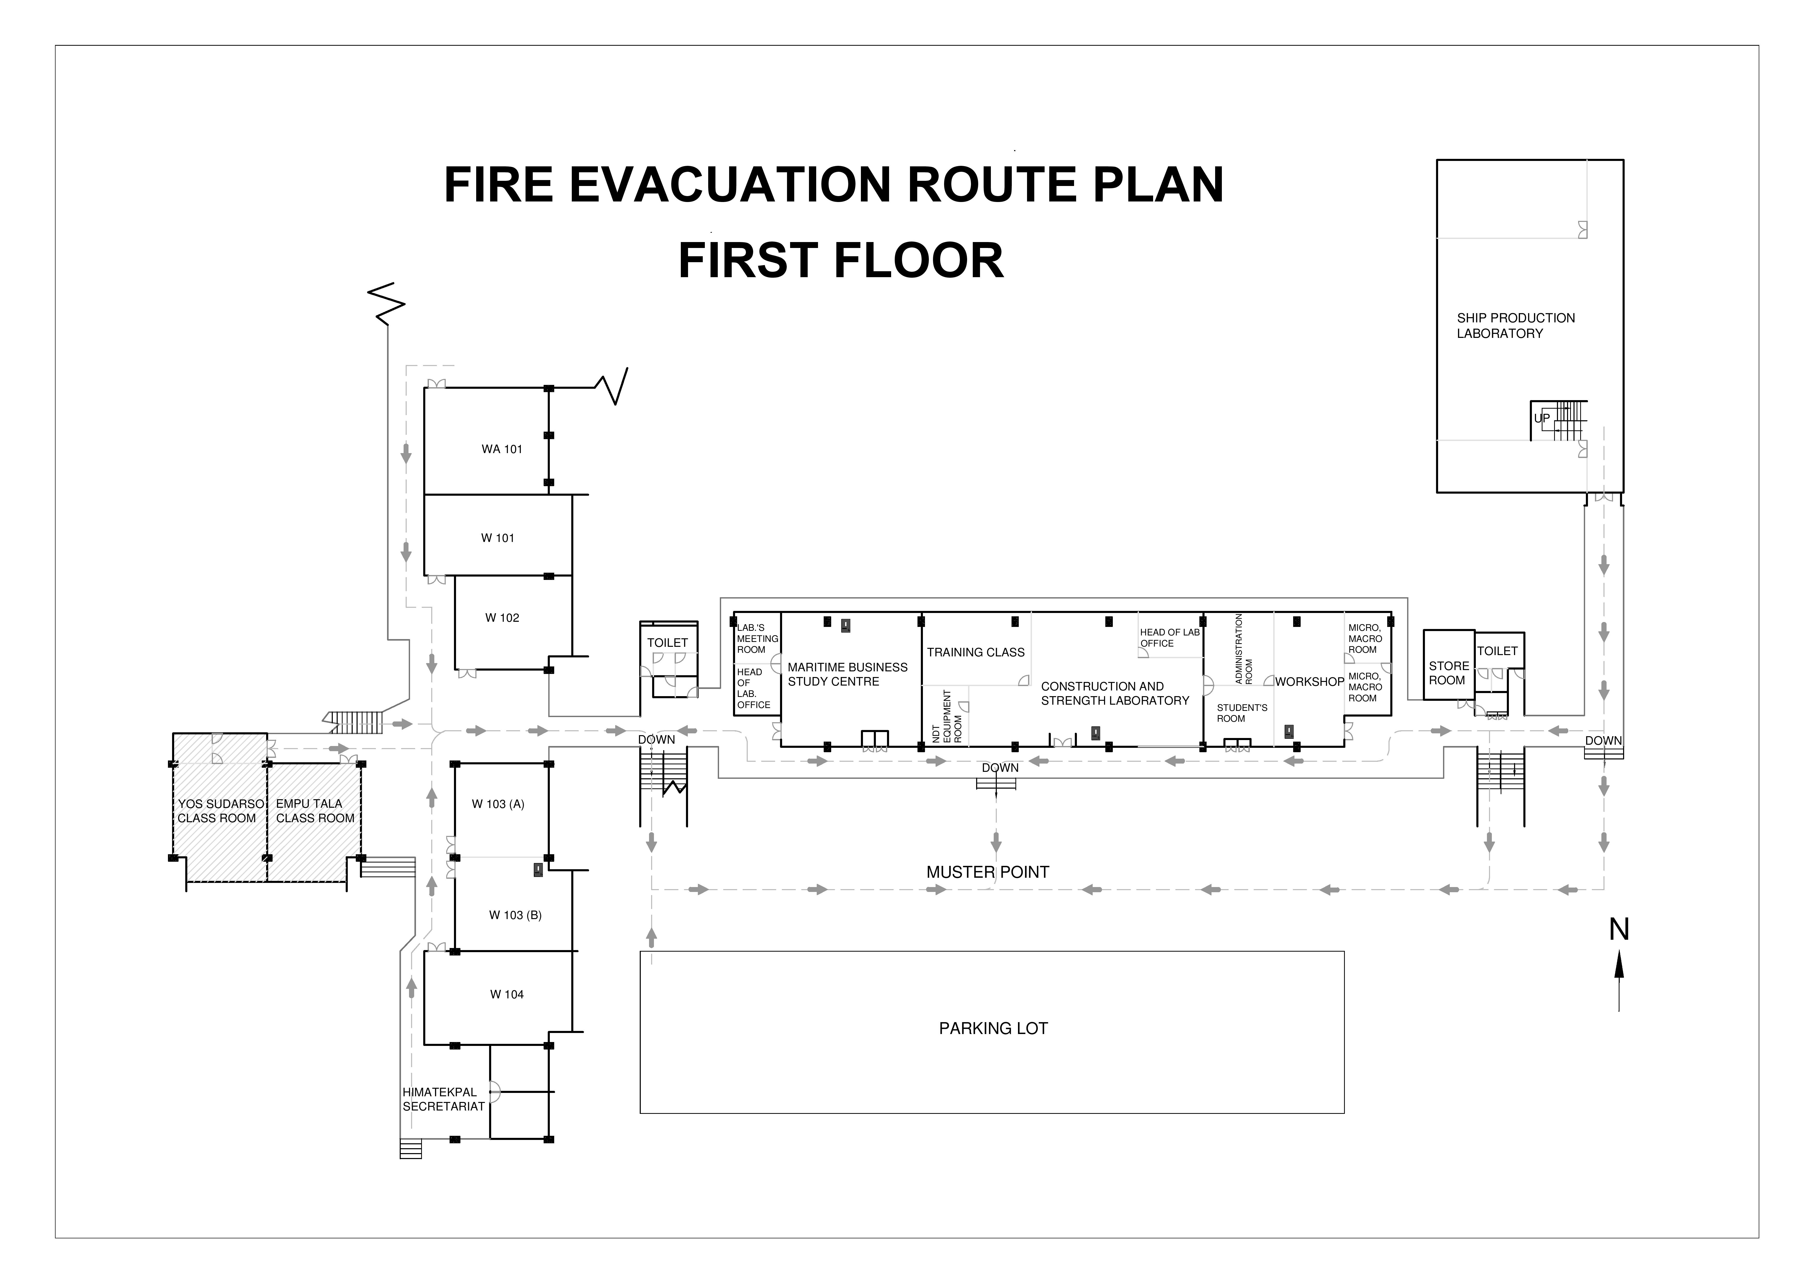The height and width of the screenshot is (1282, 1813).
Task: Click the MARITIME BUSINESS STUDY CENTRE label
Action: pos(847,674)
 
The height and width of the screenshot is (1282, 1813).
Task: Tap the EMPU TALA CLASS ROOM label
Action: pos(315,811)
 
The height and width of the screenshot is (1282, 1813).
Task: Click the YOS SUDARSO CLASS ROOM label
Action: pos(220,811)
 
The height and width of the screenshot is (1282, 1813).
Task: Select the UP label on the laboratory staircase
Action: pos(1541,418)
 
